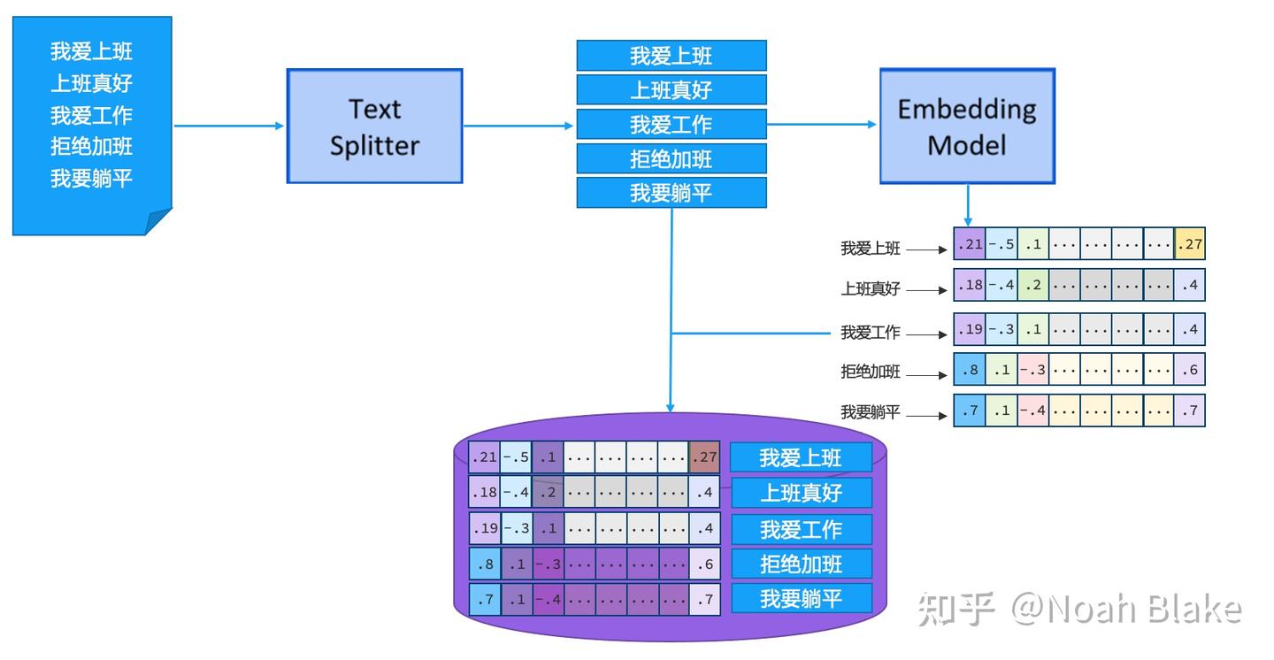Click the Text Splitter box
(x=374, y=127)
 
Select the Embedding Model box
(x=967, y=126)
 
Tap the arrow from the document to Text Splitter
(x=228, y=126)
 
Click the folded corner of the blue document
(x=158, y=222)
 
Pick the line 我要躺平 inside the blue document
(x=91, y=178)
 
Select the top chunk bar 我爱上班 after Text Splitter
(x=672, y=56)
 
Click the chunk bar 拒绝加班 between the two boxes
(x=672, y=159)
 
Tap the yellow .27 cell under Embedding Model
(x=1190, y=244)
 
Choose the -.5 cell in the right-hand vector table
(x=1002, y=244)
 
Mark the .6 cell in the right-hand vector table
(x=1190, y=370)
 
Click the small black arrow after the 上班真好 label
(x=927, y=290)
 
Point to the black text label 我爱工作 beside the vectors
(x=870, y=334)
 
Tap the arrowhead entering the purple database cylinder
(x=671, y=407)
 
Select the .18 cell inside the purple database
(x=484, y=491)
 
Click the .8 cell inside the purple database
(x=484, y=564)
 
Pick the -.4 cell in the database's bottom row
(x=548, y=599)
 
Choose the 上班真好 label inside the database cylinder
(x=801, y=493)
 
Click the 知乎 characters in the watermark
(x=957, y=610)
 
